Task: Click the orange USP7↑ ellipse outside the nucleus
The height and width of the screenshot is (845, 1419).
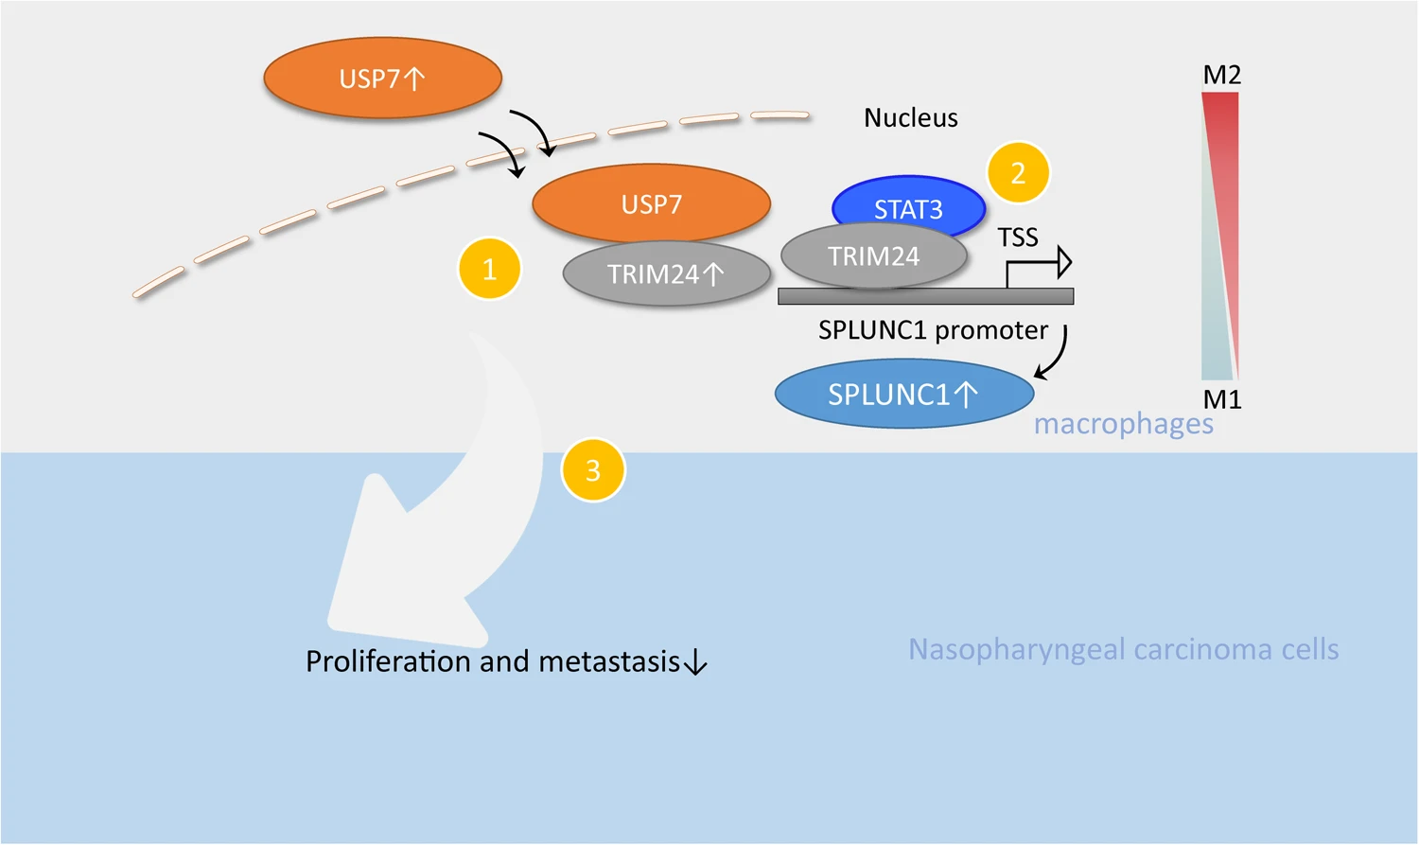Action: point(382,79)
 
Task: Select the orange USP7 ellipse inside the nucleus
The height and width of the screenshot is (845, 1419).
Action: point(651,203)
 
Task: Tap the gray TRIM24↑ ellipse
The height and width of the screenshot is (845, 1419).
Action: point(666,274)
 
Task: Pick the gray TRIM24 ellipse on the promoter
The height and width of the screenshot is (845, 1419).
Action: point(873,256)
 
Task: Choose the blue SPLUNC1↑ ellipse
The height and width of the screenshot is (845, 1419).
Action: point(903,394)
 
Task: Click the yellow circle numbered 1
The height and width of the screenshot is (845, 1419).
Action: point(489,269)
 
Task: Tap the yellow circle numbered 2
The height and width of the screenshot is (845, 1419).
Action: point(1018,173)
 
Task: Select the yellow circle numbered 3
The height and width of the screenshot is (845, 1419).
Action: point(593,469)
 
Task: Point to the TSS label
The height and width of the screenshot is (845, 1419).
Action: point(1018,238)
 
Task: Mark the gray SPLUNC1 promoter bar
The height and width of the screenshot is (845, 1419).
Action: point(925,296)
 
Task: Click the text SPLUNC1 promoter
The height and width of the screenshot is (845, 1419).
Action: point(933,330)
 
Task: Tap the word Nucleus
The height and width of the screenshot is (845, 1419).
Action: point(910,118)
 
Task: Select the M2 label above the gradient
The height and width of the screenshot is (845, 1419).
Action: point(1221,75)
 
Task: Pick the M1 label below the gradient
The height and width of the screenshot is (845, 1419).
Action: point(1221,399)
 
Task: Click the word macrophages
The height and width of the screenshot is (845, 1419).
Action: point(1123,424)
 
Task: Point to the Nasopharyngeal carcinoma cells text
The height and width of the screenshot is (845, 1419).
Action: point(1123,649)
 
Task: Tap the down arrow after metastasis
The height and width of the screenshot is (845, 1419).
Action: point(695,662)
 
